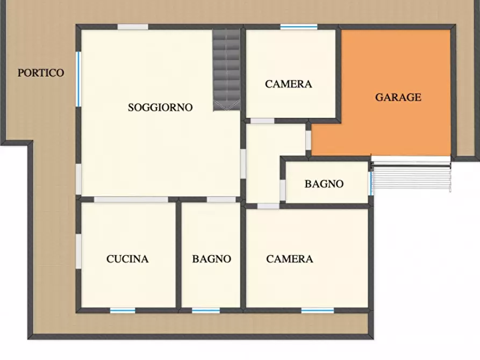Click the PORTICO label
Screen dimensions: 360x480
(41, 73)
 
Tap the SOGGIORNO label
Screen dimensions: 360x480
(160, 107)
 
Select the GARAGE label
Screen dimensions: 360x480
(398, 97)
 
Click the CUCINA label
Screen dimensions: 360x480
(127, 259)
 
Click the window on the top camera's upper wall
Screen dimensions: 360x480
(299, 26)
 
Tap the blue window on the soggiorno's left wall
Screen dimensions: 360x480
(78, 78)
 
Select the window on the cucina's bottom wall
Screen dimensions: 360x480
(123, 310)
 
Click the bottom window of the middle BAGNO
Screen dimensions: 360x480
(206, 310)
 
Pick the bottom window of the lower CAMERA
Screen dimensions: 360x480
(317, 310)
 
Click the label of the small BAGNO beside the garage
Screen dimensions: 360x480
(324, 184)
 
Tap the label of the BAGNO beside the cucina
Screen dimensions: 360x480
(212, 259)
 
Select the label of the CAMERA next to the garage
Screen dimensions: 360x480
(289, 84)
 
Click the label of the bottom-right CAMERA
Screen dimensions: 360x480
(290, 259)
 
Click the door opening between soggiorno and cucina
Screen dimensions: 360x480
(131, 199)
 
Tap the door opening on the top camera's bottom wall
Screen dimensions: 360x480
(262, 121)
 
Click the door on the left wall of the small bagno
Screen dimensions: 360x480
(283, 190)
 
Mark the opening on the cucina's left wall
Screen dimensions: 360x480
(78, 251)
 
